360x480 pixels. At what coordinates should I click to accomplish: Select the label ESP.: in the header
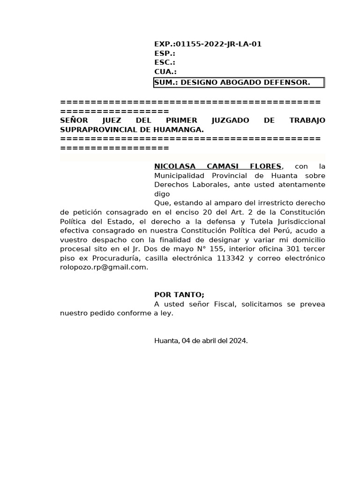point(165,53)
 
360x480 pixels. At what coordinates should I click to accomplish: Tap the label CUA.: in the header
point(165,72)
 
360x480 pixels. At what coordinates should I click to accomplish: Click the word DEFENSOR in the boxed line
point(287,82)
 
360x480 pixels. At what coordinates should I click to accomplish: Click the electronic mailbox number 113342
point(231,258)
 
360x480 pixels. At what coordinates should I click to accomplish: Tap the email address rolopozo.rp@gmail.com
point(104,267)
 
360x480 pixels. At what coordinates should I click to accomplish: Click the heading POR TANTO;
point(179,294)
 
